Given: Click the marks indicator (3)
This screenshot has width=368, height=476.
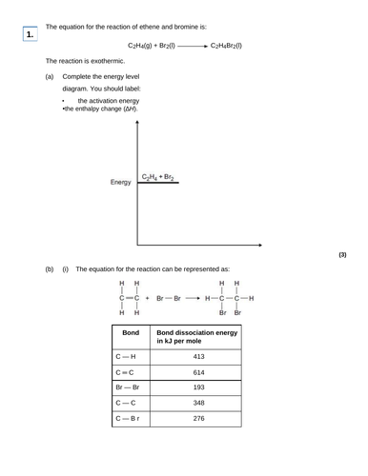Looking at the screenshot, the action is [344, 255].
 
